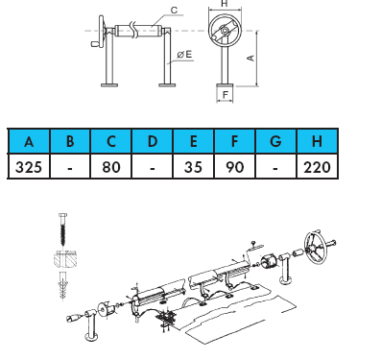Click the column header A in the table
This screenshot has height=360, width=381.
(29, 141)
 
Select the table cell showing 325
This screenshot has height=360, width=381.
(29, 166)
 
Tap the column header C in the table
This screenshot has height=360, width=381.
(111, 141)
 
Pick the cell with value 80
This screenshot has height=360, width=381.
(111, 166)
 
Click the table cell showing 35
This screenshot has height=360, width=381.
(193, 166)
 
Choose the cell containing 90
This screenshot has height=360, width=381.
(234, 166)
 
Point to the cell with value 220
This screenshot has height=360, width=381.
(317, 166)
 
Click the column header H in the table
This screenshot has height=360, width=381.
(317, 141)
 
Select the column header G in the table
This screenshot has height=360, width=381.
(275, 141)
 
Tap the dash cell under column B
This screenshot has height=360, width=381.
(70, 166)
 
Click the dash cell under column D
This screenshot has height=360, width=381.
(153, 166)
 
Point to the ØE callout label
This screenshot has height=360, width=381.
(184, 55)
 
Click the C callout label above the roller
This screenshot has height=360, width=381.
(174, 11)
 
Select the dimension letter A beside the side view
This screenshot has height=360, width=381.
(251, 59)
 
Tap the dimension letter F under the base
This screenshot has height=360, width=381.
(226, 95)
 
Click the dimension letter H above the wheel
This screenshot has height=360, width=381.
(225, 4)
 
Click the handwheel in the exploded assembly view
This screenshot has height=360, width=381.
(317, 247)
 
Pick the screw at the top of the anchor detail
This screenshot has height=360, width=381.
(63, 228)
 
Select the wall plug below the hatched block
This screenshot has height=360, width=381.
(63, 286)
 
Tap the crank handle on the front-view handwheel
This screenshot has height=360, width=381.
(96, 44)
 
